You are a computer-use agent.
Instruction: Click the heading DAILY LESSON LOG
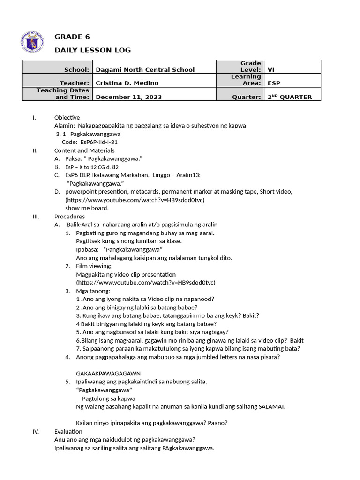(92, 50)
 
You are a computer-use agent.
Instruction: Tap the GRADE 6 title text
(72, 37)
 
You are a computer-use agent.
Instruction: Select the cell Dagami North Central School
(145, 70)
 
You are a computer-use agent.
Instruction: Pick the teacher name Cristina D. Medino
(127, 83)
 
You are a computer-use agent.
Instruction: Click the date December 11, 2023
(129, 97)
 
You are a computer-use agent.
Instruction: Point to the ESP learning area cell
(274, 83)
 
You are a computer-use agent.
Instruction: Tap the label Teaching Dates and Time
(63, 94)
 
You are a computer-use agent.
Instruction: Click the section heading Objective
(67, 117)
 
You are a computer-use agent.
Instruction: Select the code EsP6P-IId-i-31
(91, 142)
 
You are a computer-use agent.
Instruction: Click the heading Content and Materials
(84, 150)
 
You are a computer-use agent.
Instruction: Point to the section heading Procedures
(69, 217)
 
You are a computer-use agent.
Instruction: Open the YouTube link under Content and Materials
(135, 200)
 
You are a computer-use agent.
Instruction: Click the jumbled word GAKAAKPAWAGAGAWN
(108, 373)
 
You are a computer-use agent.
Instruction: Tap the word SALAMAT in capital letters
(271, 406)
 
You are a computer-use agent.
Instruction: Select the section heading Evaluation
(68, 431)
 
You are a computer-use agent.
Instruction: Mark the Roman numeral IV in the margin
(36, 431)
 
